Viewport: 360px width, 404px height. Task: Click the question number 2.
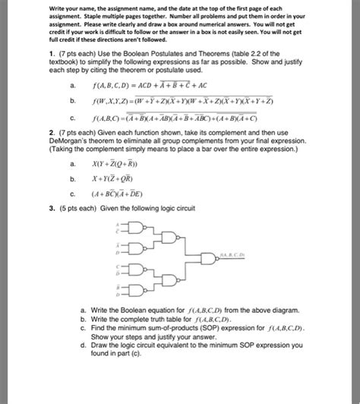(x=49, y=131)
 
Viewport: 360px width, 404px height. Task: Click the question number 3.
(x=49, y=207)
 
